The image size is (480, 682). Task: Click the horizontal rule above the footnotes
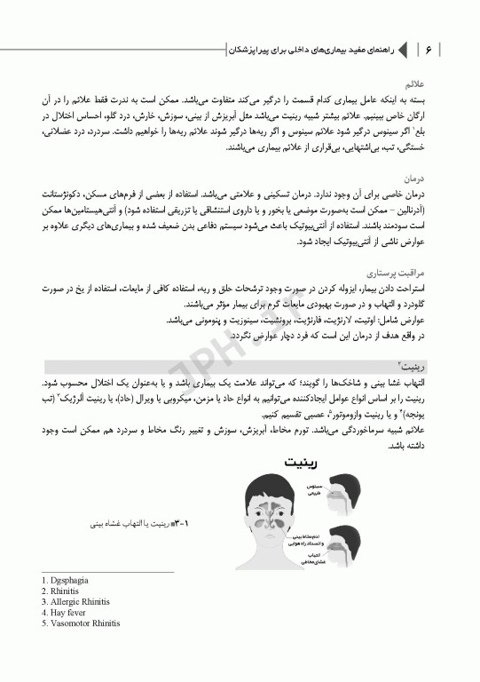tap(106, 573)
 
